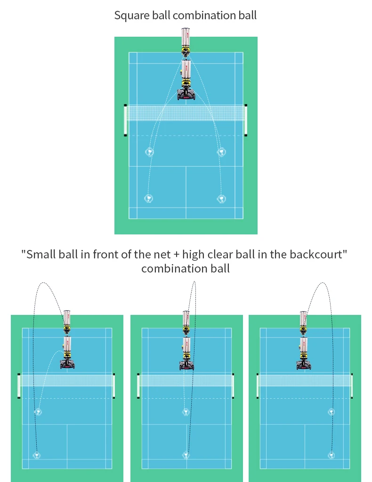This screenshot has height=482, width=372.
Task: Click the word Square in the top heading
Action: (129, 15)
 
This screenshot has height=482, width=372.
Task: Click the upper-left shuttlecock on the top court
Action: (149, 152)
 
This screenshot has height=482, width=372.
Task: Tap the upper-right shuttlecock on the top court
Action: (221, 152)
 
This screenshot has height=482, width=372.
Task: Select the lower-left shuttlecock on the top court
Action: (149, 198)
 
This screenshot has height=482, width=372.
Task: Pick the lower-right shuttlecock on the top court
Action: (221, 198)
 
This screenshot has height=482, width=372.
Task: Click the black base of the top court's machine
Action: (186, 96)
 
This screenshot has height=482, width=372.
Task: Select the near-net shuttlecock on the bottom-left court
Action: (38, 412)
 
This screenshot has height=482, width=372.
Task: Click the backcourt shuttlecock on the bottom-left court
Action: (36, 455)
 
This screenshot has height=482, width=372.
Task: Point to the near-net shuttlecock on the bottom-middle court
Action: (186, 412)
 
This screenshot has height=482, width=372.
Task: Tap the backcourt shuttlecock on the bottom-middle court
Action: (186, 455)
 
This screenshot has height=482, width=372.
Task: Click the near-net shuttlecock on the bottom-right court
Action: (332, 412)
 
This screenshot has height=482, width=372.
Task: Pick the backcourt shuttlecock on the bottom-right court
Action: (332, 455)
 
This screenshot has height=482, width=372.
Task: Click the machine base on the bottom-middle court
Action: (186, 365)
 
